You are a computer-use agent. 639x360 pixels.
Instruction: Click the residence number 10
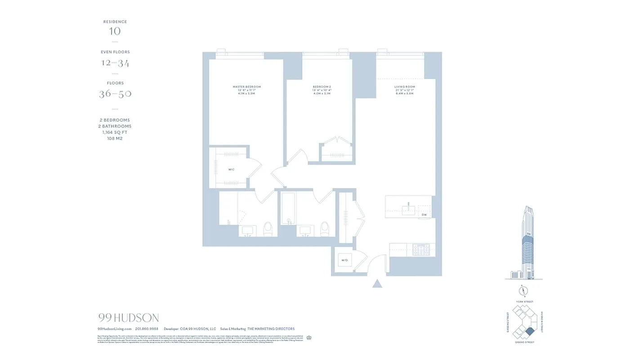click(115, 31)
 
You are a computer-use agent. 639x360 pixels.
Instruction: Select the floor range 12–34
click(115, 63)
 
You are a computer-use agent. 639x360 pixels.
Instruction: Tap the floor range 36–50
click(115, 94)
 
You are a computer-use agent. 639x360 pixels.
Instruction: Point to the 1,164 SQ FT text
click(115, 132)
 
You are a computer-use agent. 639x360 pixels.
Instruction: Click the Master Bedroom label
click(246, 87)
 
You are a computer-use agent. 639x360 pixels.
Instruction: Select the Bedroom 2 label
click(322, 87)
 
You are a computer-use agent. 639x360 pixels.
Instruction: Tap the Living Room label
click(404, 87)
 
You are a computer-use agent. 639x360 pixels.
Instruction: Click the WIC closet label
click(231, 170)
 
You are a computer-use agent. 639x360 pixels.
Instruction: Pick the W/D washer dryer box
click(345, 260)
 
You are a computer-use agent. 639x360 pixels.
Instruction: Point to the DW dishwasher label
click(424, 215)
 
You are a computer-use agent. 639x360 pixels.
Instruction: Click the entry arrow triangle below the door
click(377, 283)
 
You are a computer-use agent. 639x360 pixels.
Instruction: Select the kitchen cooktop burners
click(421, 249)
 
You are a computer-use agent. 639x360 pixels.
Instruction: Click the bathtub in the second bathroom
click(288, 208)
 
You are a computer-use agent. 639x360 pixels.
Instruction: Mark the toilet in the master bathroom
click(268, 229)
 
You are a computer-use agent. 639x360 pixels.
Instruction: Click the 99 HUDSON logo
click(128, 318)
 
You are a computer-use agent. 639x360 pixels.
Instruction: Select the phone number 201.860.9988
click(147, 329)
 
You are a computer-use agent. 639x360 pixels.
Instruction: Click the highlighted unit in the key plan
click(530, 332)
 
